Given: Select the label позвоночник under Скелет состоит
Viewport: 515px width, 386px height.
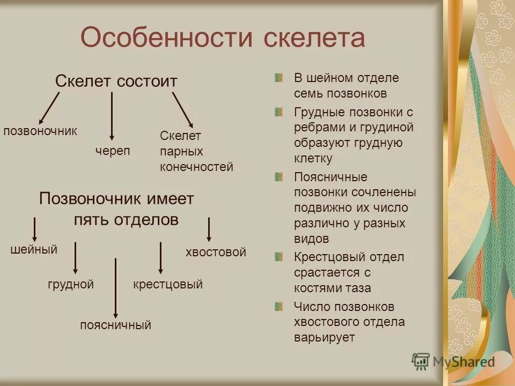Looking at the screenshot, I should [40, 131].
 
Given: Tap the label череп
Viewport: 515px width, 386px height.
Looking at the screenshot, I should [113, 151].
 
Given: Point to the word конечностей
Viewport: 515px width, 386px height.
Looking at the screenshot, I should [196, 167].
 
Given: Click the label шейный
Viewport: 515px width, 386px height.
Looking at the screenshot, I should [34, 249].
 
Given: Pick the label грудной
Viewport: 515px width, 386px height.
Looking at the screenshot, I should [70, 285].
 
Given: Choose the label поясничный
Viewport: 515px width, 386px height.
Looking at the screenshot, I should [115, 325].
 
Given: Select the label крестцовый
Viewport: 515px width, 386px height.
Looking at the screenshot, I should [167, 285].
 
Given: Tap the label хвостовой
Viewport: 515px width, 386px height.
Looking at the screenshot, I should [216, 252].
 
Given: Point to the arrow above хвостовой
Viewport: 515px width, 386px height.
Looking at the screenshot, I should [209, 229].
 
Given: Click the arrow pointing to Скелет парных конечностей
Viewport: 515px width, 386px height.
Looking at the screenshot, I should [182, 109].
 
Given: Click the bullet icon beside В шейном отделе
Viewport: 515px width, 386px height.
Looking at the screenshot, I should [278, 78].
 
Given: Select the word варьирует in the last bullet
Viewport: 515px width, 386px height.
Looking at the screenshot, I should [324, 338].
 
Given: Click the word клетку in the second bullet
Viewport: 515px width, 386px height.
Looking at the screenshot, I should [313, 159].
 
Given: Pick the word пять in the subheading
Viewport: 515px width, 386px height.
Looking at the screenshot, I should [90, 220].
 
